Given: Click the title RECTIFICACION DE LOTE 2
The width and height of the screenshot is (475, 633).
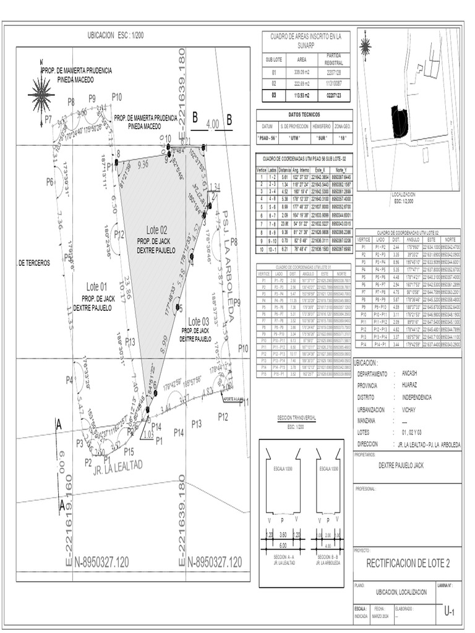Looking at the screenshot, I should click(x=408, y=563).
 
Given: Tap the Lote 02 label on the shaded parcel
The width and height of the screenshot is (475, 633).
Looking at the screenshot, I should click(x=157, y=230).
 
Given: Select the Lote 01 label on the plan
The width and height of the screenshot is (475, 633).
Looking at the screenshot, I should click(x=96, y=286).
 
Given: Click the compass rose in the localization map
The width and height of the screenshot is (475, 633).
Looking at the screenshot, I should click(x=366, y=45).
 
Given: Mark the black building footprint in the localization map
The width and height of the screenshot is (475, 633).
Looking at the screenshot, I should click(x=399, y=121).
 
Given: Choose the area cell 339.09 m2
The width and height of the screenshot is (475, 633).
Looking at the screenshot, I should click(x=302, y=72).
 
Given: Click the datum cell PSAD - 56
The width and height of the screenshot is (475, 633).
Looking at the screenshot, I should click(x=268, y=138).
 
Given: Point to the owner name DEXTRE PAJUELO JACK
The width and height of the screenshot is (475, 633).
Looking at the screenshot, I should click(x=401, y=467).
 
